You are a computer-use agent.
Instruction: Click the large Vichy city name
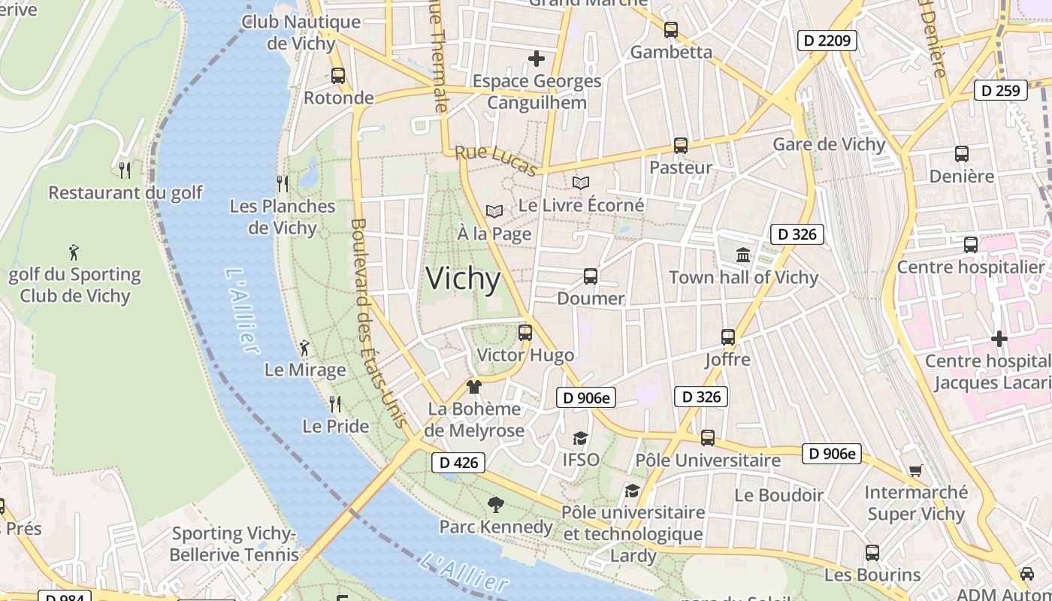[463, 279]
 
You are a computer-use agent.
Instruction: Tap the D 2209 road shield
[827, 40]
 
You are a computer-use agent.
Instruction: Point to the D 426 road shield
[458, 463]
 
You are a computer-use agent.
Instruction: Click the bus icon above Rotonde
[338, 75]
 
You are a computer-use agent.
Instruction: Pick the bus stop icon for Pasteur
[681, 145]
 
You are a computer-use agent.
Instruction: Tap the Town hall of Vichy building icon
[743, 255]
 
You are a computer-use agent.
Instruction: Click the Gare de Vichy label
[829, 144]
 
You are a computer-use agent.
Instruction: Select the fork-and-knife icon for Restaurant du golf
[125, 170]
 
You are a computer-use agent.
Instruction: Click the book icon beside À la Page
[494, 212]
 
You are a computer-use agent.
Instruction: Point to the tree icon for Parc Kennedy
[495, 504]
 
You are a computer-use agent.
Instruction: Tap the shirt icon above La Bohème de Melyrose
[473, 387]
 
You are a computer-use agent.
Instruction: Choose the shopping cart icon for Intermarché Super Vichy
[915, 471]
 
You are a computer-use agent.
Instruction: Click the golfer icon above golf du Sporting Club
[74, 252]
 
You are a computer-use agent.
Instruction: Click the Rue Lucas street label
[496, 161]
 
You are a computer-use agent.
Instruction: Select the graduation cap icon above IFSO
[580, 437]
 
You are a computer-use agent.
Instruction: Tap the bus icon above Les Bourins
[872, 553]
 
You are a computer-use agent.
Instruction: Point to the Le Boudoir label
[778, 495]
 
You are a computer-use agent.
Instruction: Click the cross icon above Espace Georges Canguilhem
[537, 58]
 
